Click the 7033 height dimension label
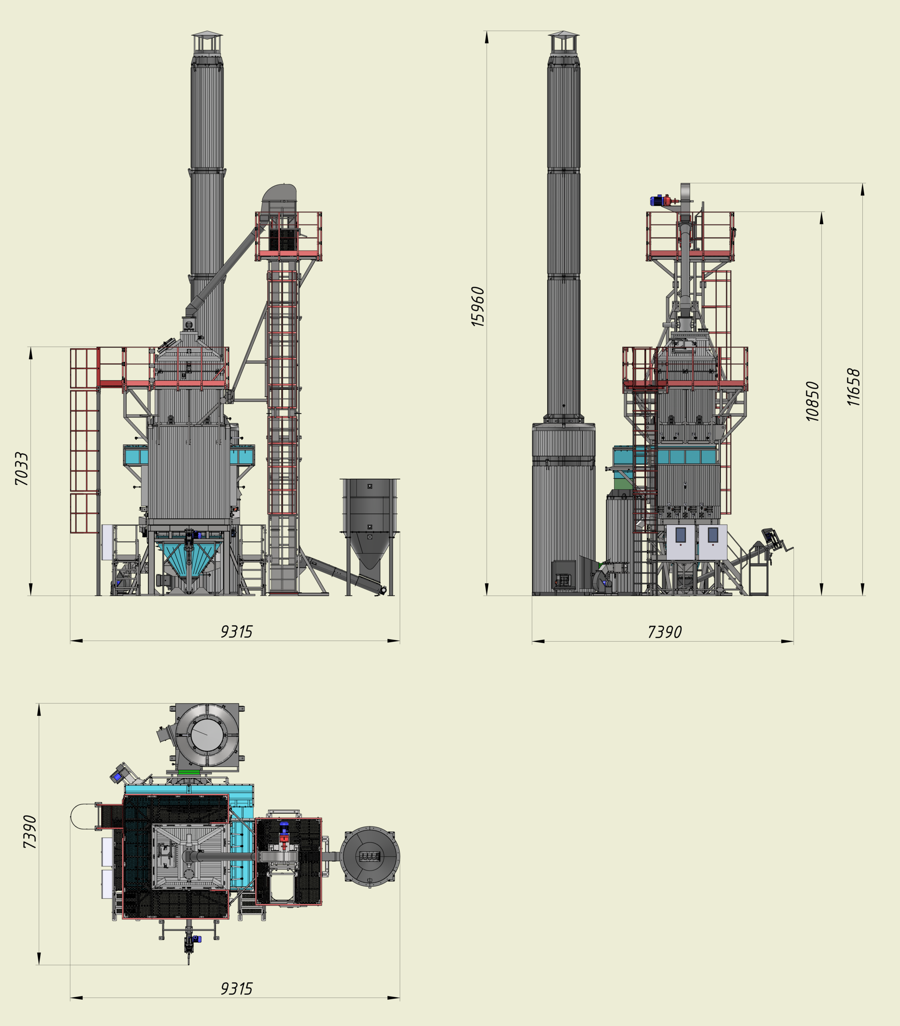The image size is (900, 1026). [22, 469]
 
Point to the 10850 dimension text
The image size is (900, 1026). [812, 401]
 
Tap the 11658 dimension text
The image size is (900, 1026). [853, 387]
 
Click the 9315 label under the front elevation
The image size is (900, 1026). [237, 632]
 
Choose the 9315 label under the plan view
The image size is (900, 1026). [237, 988]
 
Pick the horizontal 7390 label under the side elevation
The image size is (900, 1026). [664, 632]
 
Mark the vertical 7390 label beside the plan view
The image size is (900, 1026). [30, 832]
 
